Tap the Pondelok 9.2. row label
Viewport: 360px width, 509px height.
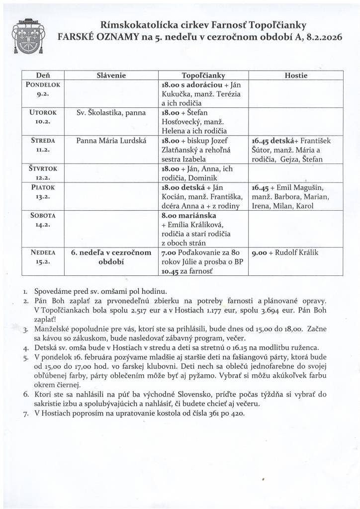click(x=43, y=89)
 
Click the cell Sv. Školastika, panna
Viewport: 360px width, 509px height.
click(x=111, y=113)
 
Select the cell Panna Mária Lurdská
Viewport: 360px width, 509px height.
click(x=111, y=141)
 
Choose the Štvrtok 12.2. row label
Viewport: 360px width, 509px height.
click(x=43, y=173)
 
